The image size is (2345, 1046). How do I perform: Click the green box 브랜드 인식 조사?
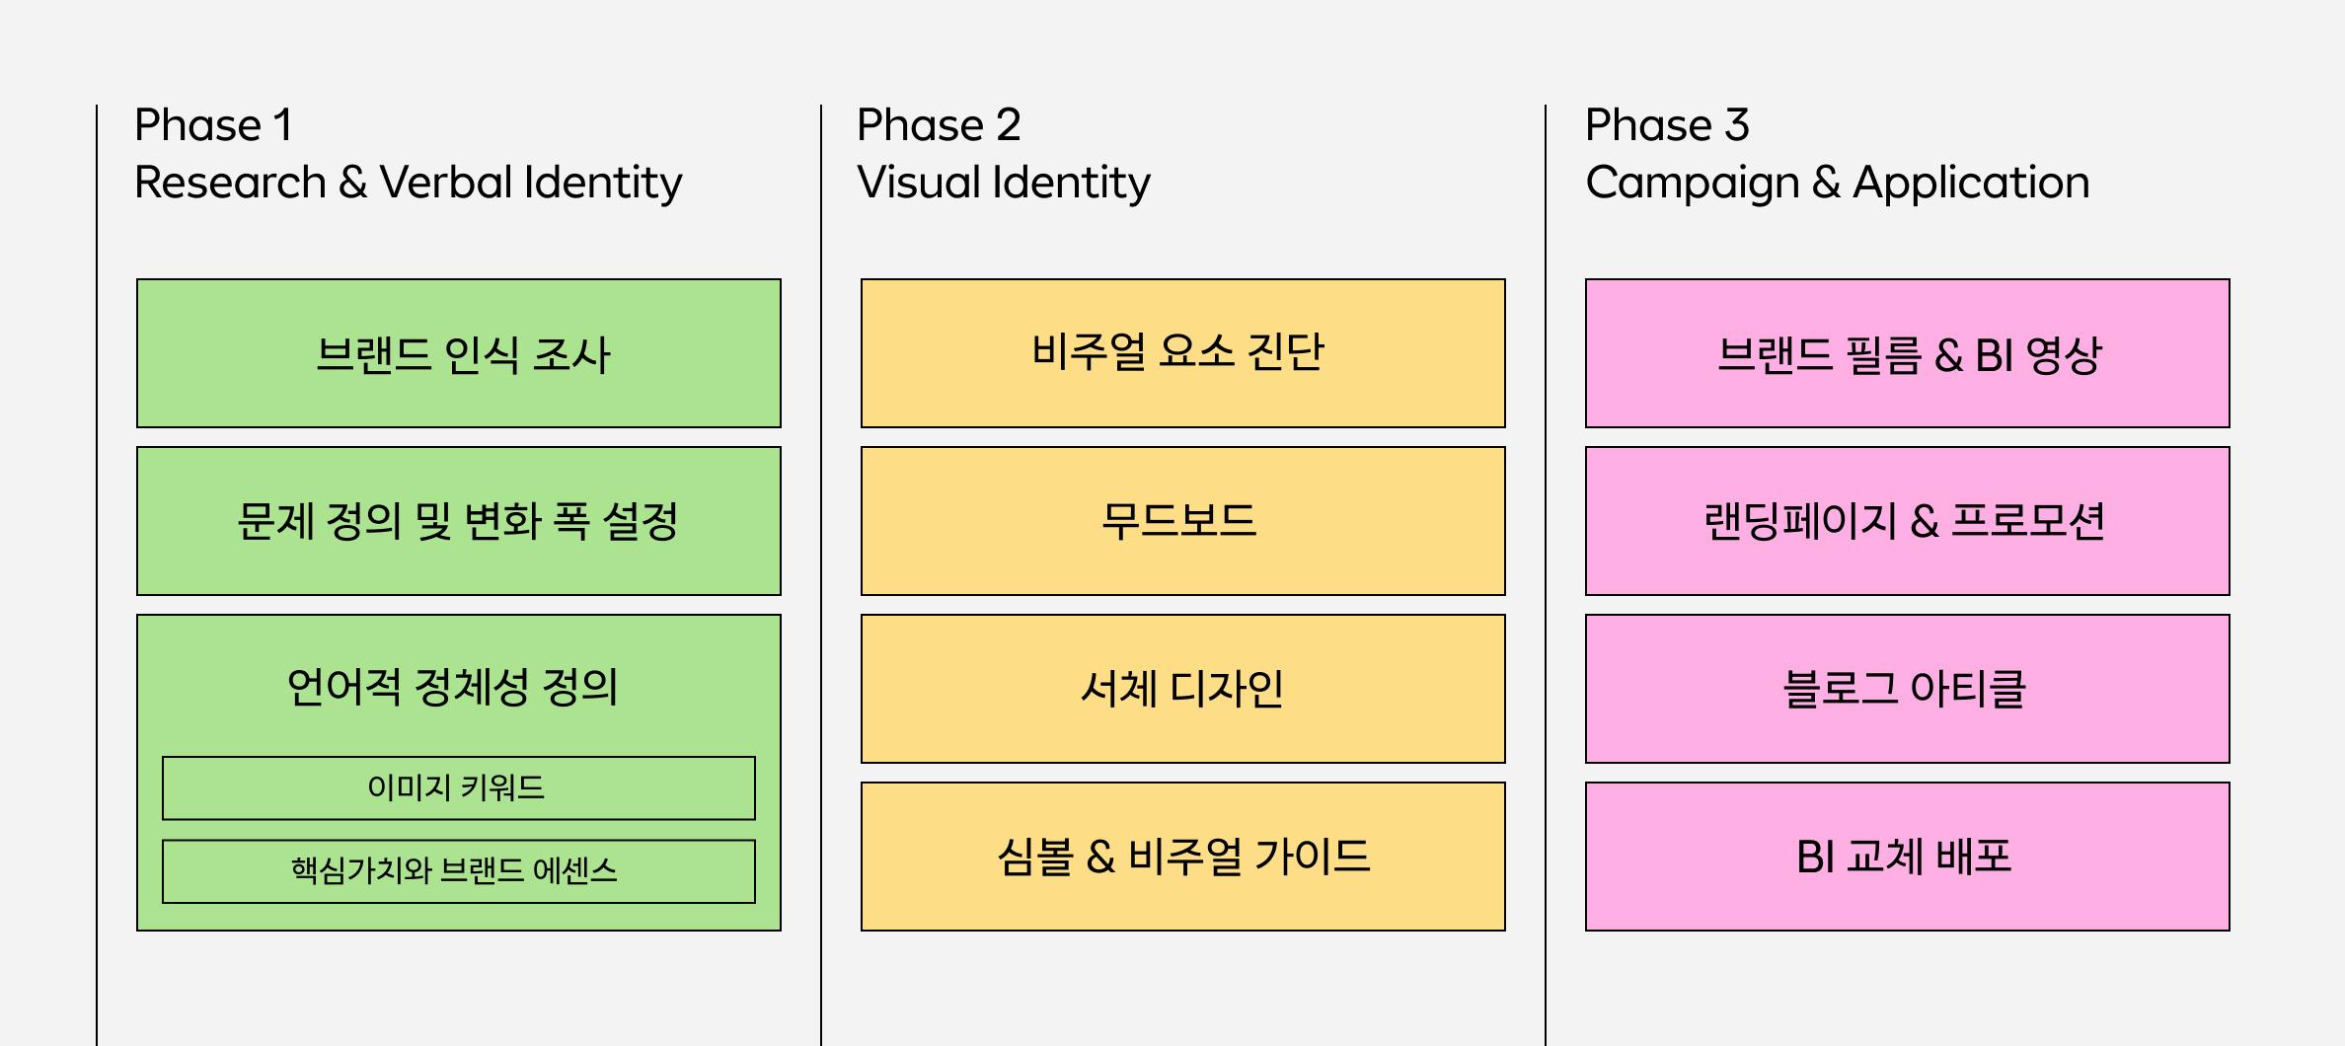coord(459,353)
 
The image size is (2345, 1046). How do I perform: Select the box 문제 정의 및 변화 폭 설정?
coord(459,521)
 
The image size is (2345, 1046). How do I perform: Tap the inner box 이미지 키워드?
coord(459,788)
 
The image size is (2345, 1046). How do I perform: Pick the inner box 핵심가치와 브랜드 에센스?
coord(459,871)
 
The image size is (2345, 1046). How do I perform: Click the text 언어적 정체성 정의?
coord(453,687)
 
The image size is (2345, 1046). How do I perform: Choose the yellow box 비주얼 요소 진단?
coord(1183,353)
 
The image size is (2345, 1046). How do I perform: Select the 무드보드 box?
coord(1183,521)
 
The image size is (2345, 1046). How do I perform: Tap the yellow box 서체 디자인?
coord(1183,689)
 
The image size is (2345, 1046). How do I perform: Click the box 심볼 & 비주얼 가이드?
coord(1183,857)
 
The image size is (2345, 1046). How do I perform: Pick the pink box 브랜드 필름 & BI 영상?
coord(1908,353)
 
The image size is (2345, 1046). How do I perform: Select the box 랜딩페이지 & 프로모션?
coord(1908,521)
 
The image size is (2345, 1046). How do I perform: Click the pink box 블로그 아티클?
coord(1908,689)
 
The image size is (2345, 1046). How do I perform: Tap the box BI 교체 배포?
coord(1908,857)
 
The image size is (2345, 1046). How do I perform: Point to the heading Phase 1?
coord(213,125)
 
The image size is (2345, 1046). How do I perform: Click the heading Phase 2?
coord(939,125)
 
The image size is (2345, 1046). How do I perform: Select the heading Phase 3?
coord(1667,125)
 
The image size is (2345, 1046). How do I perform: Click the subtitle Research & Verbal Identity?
coord(409,184)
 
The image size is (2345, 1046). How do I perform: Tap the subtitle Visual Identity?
coord(1004,184)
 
